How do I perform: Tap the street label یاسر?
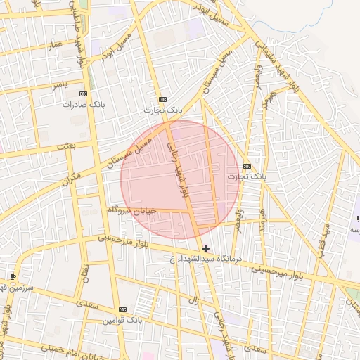[60, 84]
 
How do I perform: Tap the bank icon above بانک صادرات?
[84, 94]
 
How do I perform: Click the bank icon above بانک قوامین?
[123, 310]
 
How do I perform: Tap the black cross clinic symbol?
[205, 248]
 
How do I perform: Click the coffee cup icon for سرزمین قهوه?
[12, 276]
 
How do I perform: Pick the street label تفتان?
[86, 273]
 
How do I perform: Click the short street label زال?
[193, 300]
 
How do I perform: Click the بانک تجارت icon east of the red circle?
[246, 166]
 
